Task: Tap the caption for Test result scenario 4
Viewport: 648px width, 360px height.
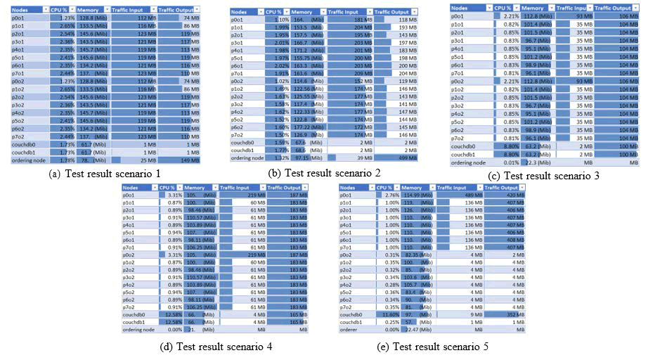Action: [211, 345]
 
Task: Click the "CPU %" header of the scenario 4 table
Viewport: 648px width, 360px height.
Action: [169, 188]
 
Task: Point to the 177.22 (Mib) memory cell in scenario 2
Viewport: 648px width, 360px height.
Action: [306, 127]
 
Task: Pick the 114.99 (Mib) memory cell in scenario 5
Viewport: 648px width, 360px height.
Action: [417, 195]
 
